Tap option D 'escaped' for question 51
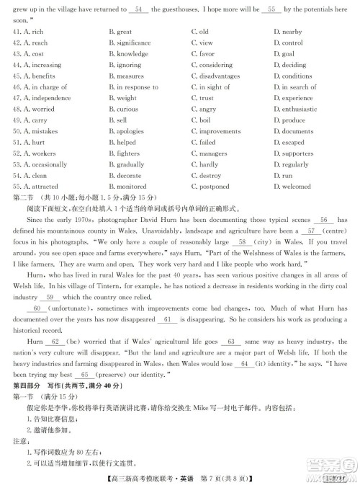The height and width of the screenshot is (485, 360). point(289,143)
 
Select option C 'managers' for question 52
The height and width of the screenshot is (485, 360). point(210,153)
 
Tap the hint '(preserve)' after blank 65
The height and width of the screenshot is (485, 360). point(115,375)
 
